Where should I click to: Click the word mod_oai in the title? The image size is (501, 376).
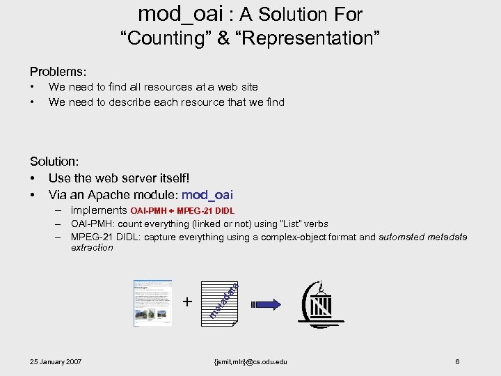coord(180,13)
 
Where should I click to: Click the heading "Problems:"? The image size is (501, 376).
coord(58,71)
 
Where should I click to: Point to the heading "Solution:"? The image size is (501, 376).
coord(54,162)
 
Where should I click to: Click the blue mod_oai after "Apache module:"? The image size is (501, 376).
coord(207,194)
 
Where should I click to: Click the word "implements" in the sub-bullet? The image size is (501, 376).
coord(99,210)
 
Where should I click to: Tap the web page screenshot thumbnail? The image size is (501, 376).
coord(152,303)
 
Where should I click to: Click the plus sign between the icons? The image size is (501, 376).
coord(186,301)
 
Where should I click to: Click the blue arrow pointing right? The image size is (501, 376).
coord(265,304)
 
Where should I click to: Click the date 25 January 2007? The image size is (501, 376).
coord(56,361)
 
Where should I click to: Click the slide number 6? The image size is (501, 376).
coord(456,361)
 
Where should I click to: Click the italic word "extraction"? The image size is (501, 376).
coord(92,247)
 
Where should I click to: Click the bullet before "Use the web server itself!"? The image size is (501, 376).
coord(33,178)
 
